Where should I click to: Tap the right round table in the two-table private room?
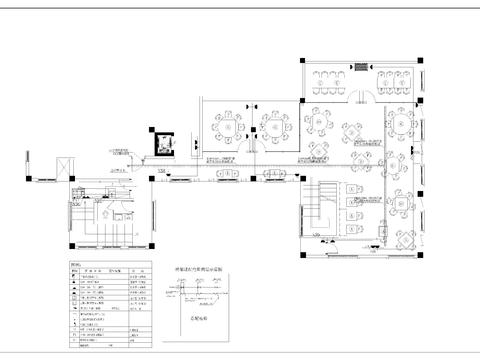273,126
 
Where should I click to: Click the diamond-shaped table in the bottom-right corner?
405,241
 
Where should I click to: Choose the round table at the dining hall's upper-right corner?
402,122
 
